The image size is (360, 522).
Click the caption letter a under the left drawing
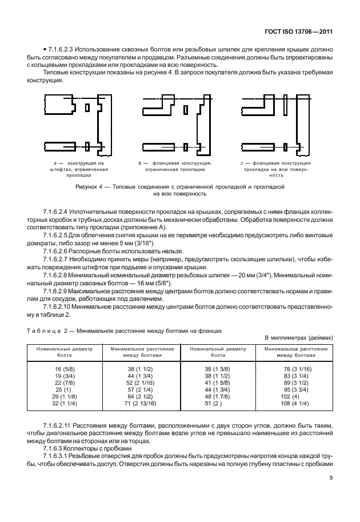pos(54,164)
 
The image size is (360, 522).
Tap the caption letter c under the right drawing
pos(242,164)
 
